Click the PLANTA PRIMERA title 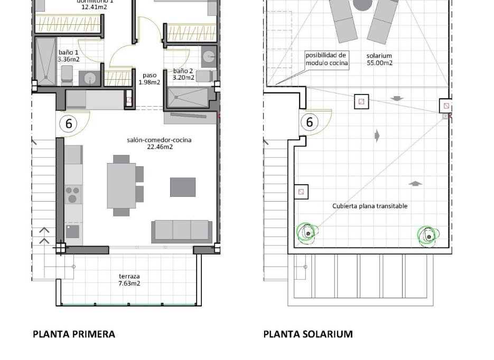pos(74,334)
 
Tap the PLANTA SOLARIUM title pos(308,334)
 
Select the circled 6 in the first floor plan pos(68,124)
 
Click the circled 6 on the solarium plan pos(310,122)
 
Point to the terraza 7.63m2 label pos(129,280)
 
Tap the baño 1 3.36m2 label pos(69,56)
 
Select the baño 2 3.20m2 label pos(183,74)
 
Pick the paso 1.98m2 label pos(149,79)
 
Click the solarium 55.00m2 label pos(379,59)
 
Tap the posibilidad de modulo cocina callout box pos(327,59)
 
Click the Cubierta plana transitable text pos(370,206)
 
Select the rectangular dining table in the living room pos(121,185)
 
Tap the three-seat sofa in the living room pos(181,231)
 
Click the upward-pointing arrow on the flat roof pos(416,184)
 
